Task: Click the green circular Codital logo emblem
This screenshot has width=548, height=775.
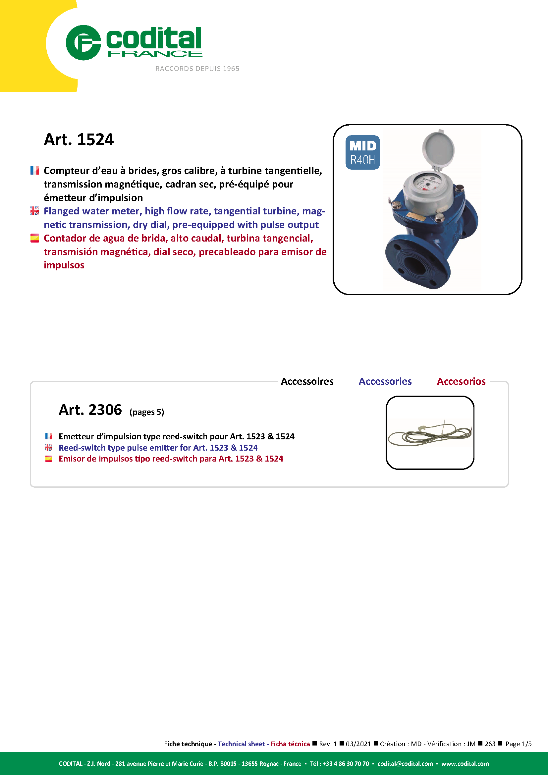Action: click(83, 42)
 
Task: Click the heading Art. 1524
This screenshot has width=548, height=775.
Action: click(79, 139)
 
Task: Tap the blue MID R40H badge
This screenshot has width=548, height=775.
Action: click(362, 152)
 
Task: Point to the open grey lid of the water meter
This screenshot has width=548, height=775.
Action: click(438, 149)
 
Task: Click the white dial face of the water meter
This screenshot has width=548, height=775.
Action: click(428, 183)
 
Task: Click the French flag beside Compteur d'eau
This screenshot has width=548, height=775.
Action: click(35, 170)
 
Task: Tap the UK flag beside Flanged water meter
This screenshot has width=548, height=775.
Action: click(35, 211)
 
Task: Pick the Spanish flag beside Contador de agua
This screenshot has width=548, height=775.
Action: click(35, 238)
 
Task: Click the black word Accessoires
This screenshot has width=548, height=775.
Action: click(307, 381)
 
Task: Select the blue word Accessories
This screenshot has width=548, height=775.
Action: click(385, 381)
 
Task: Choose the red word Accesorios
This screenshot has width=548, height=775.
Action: click(461, 381)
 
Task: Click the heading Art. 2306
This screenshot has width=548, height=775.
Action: click(90, 410)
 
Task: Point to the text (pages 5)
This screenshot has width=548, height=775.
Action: click(147, 412)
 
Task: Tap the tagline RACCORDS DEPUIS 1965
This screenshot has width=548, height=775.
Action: click(197, 69)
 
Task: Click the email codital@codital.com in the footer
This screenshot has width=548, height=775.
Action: click(405, 763)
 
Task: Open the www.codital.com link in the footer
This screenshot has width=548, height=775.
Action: click(465, 763)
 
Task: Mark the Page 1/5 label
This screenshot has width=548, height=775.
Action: click(518, 744)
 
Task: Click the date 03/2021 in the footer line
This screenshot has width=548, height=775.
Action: click(358, 744)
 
